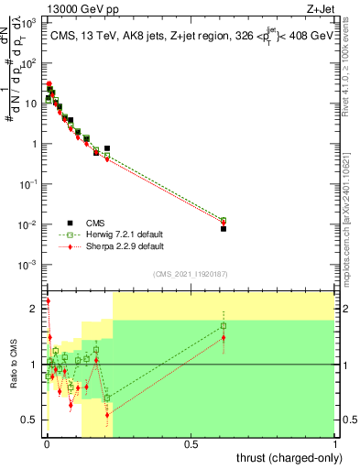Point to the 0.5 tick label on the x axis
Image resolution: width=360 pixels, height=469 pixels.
191,443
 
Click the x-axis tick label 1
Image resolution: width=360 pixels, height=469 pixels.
336,443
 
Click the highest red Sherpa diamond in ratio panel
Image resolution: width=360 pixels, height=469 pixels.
48,300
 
